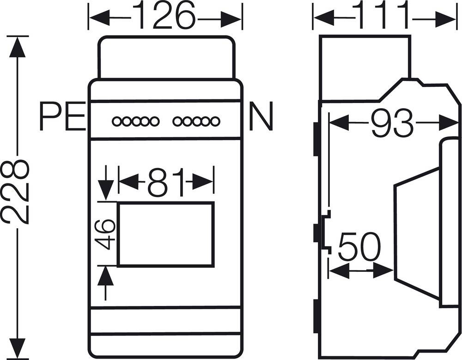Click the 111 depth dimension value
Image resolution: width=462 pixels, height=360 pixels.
[x=385, y=16]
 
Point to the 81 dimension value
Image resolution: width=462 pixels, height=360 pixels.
[x=166, y=181]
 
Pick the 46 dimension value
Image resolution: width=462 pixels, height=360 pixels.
[x=106, y=234]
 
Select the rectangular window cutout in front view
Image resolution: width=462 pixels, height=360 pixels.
[x=166, y=234]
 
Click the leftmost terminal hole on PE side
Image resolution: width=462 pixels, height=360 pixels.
[x=116, y=122]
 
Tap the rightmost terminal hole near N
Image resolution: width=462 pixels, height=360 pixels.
[x=215, y=122]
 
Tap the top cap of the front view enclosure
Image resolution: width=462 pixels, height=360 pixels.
[x=166, y=58]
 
